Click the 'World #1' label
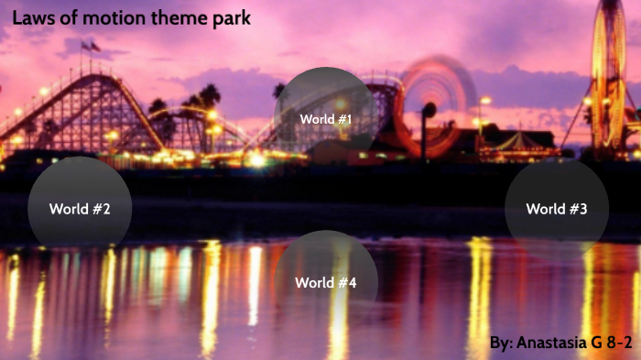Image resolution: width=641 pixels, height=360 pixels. [325, 119]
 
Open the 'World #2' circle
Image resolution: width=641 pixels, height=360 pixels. [80, 209]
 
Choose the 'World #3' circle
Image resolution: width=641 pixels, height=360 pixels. [557, 209]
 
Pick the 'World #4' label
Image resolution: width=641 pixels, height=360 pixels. [325, 282]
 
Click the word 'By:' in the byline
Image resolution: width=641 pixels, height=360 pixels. [501, 343]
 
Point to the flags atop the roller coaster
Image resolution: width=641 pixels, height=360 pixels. [90, 45]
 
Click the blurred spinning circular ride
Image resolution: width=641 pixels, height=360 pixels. [438, 101]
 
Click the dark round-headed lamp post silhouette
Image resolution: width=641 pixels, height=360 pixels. [429, 112]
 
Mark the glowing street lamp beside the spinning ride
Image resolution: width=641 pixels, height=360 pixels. [483, 101]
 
